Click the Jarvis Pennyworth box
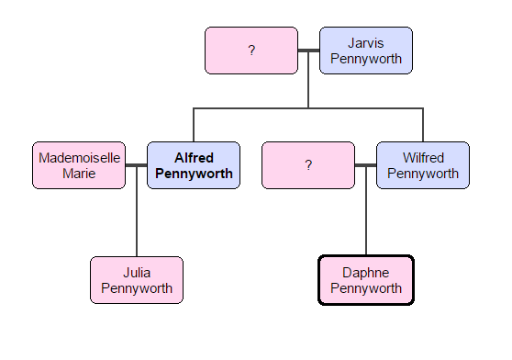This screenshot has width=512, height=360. tap(365, 51)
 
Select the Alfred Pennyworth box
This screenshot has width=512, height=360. tap(194, 165)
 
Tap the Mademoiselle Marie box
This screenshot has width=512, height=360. tap(79, 165)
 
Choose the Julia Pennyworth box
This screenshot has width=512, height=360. tap(137, 280)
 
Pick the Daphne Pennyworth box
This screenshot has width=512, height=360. tap(366, 280)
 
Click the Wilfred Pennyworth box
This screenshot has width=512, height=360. tap(422, 165)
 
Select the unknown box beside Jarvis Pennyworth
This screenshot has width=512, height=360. tap(251, 51)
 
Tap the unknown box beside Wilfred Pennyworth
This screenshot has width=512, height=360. tap(308, 165)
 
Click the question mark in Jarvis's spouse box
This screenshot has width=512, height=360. tap(251, 51)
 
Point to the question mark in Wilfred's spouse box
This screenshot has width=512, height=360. tap(308, 165)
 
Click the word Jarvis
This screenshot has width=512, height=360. tap(366, 43)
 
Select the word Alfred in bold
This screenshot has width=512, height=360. tap(194, 158)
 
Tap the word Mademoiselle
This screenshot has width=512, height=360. tap(79, 158)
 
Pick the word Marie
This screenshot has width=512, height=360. tap(79, 173)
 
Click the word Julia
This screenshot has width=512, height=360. tap(137, 273)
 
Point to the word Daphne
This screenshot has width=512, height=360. tap(366, 273)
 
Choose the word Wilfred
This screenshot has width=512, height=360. tap(422, 158)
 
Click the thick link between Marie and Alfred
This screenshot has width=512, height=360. tap(137, 165)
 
